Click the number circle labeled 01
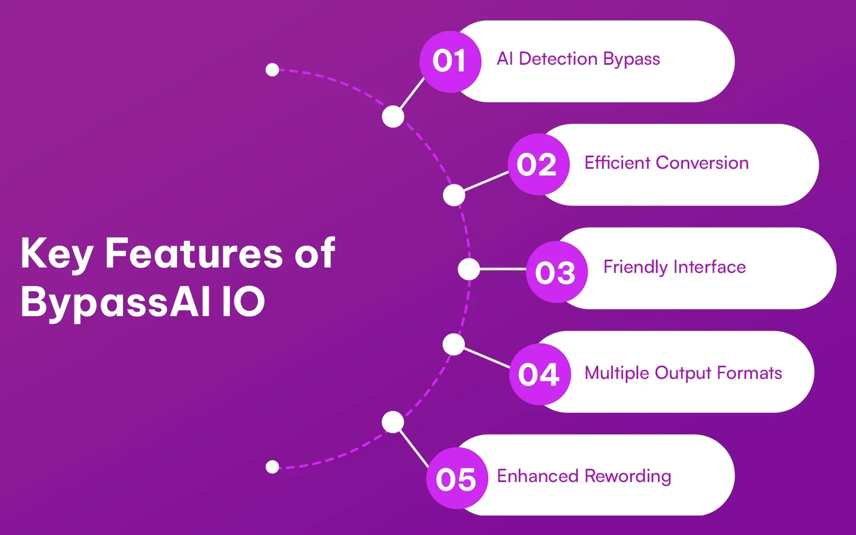click(450, 62)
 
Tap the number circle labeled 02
click(538, 165)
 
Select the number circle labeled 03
click(556, 272)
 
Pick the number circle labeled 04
click(540, 374)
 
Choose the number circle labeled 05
click(457, 479)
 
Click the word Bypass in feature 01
click(631, 59)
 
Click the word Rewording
click(628, 476)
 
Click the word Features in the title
click(194, 253)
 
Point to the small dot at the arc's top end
click(272, 70)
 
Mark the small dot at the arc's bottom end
click(272, 467)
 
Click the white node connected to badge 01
click(393, 117)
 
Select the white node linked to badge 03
click(469, 269)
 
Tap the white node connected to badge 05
click(393, 422)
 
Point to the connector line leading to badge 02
click(486, 181)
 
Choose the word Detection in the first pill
click(558, 59)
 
